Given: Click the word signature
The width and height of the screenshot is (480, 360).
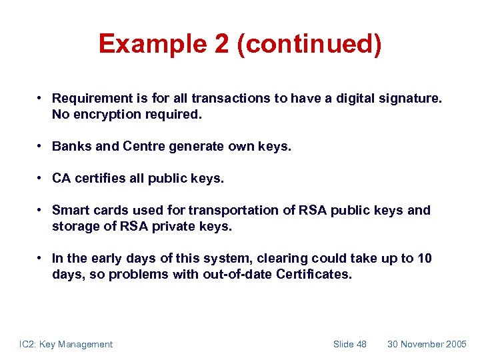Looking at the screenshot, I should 407,98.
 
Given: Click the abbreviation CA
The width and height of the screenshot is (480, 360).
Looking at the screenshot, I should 62,178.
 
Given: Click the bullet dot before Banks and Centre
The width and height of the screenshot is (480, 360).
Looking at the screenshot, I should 41,146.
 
